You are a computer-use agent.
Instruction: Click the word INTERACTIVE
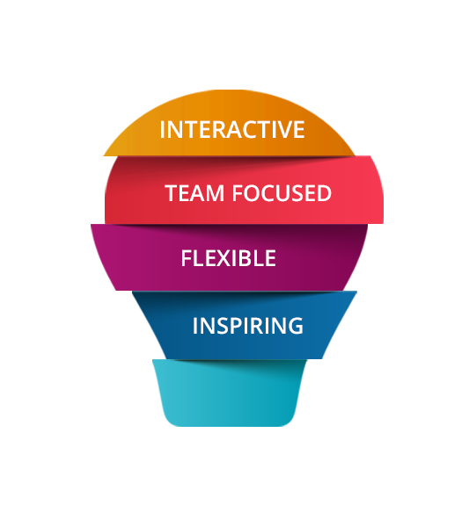[232, 129]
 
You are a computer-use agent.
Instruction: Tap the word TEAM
[194, 192]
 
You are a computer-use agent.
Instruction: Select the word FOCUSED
[282, 192]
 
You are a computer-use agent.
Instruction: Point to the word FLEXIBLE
[228, 258]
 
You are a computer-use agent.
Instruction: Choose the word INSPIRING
[248, 326]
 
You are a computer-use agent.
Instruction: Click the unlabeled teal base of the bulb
[229, 393]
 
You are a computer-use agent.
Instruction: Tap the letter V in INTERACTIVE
[281, 129]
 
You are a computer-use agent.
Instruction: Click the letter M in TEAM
[215, 193]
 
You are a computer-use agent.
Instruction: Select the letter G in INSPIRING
[296, 326]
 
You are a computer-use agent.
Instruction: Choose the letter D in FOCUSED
[324, 193]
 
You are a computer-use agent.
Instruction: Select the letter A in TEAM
[196, 193]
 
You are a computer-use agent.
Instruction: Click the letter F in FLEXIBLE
[187, 258]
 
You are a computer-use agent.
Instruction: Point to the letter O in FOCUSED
[253, 193]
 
